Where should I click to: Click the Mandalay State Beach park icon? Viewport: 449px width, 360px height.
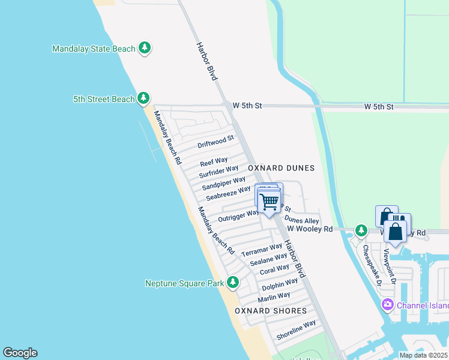(x=144, y=48)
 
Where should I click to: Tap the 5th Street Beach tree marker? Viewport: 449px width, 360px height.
(x=143, y=98)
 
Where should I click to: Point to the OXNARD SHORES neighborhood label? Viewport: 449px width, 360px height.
(x=270, y=311)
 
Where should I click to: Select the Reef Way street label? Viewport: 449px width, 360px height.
(x=214, y=161)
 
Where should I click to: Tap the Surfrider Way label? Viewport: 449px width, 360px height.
(x=219, y=171)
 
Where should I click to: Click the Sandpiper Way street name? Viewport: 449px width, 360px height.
(x=224, y=182)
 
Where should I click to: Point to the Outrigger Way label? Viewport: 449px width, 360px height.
(x=239, y=214)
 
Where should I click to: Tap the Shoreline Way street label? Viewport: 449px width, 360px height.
(x=296, y=330)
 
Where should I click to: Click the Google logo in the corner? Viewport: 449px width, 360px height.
(x=20, y=353)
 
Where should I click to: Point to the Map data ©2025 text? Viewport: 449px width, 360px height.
(x=423, y=355)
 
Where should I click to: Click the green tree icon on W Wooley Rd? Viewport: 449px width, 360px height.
(x=361, y=230)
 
